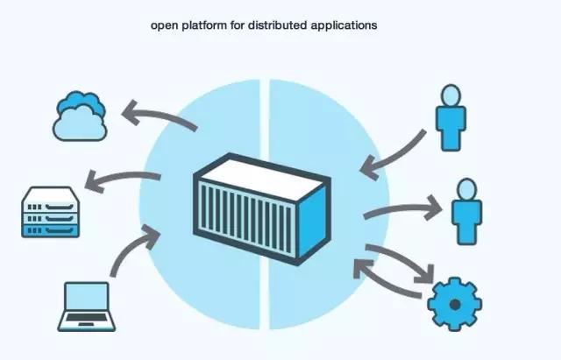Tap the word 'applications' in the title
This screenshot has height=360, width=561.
[348, 26]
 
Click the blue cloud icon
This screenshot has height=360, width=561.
[80, 116]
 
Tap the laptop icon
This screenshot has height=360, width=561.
[86, 307]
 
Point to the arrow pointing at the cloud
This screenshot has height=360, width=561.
[158, 118]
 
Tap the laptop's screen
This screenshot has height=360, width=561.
[86, 298]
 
